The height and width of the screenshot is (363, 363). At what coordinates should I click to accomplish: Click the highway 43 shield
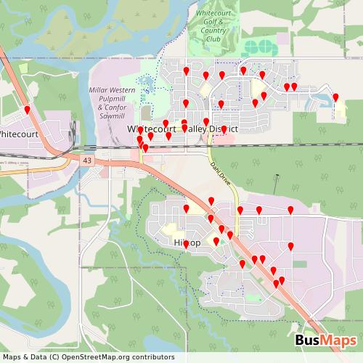click(87, 160)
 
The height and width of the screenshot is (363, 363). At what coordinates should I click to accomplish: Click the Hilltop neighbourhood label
click(188, 242)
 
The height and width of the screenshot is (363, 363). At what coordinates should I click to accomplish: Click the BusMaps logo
click(325, 341)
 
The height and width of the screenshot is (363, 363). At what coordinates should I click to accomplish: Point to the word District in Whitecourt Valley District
click(224, 129)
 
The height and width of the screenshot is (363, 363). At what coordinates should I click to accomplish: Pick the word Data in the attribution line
click(30, 357)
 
